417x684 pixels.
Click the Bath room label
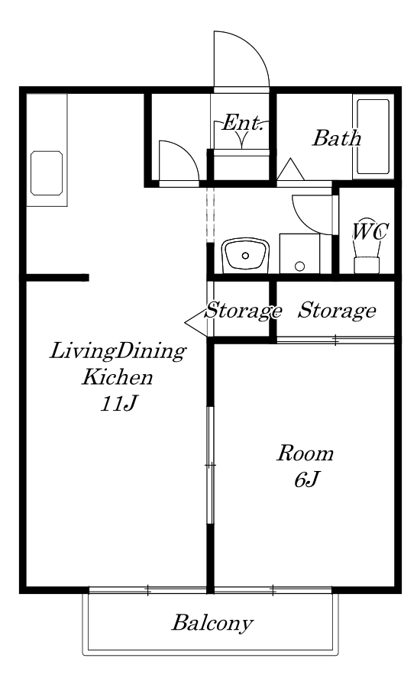[x=336, y=138]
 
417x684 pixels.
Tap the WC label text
[x=370, y=231]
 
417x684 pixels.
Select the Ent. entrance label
[x=243, y=123]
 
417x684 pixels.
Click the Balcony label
[x=212, y=623]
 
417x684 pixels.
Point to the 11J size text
[x=118, y=404]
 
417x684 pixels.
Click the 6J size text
[x=307, y=479]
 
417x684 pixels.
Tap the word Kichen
[x=118, y=377]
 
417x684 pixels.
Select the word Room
[x=305, y=453]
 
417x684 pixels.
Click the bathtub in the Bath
[x=373, y=137]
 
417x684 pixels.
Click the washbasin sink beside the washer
[x=245, y=256]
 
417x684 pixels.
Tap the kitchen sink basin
[x=47, y=173]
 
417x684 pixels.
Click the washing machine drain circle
[x=299, y=266]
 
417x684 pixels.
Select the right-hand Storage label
[x=337, y=311]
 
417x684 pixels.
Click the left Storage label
[x=243, y=311]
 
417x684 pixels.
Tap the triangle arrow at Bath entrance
[x=290, y=169]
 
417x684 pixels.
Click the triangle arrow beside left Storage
[x=196, y=323]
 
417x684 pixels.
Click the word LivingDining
[x=118, y=351]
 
